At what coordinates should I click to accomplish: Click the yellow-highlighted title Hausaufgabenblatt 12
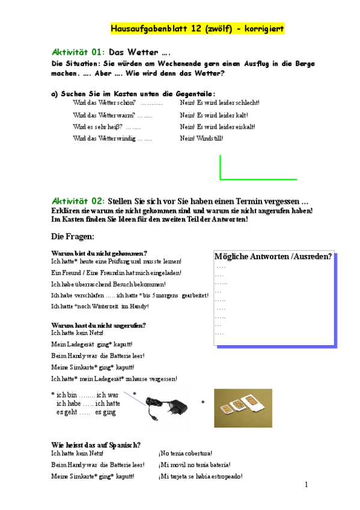click(x=197, y=29)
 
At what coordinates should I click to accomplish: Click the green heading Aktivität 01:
click(x=79, y=52)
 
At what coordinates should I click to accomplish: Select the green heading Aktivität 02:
click(x=79, y=200)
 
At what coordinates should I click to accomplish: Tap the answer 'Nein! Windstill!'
click(x=201, y=138)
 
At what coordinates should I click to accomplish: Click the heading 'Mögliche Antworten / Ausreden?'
click(x=273, y=257)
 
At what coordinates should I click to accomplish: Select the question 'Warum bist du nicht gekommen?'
click(x=99, y=253)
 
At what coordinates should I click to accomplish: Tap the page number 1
click(x=306, y=485)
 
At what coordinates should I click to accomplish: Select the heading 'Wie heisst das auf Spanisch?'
click(x=96, y=445)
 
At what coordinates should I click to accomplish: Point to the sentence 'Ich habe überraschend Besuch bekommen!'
click(x=109, y=284)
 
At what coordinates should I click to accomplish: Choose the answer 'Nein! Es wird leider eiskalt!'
click(x=217, y=127)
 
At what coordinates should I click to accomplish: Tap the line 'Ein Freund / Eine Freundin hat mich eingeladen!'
click(x=117, y=272)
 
